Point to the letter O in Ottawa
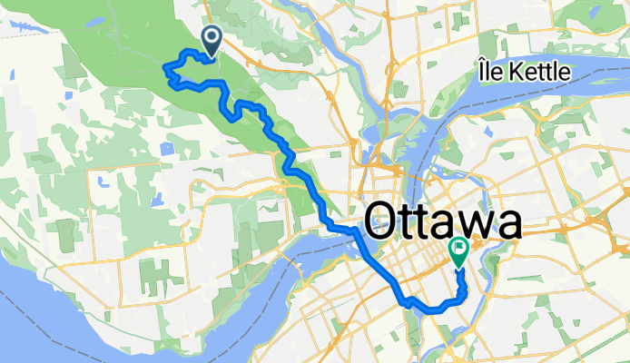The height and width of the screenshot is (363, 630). click(383, 221)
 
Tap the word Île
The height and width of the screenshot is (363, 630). click(494, 71)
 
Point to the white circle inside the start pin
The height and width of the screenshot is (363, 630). click(212, 36)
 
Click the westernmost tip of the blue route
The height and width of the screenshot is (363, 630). click(163, 66)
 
